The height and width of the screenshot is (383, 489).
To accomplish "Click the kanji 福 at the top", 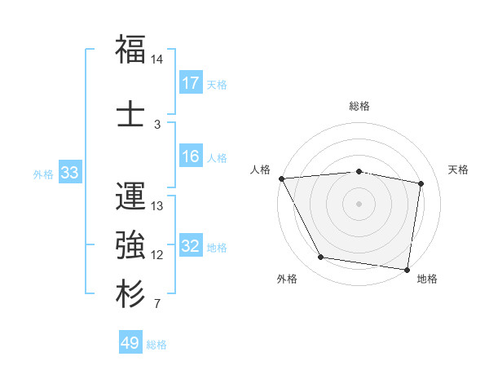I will click(x=130, y=50).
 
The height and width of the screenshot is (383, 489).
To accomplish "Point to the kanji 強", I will click(x=130, y=244).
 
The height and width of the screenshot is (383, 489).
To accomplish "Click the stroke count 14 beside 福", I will click(x=157, y=59).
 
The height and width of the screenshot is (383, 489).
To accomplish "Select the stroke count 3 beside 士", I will click(x=157, y=124).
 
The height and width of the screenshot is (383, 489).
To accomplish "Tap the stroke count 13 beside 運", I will click(x=157, y=206).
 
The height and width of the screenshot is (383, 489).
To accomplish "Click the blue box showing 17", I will click(x=191, y=82).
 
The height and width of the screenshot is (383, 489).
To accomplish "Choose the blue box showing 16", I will click(x=191, y=157).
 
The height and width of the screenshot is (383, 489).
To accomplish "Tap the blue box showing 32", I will click(x=191, y=246).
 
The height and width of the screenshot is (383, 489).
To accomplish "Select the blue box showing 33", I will click(x=69, y=173).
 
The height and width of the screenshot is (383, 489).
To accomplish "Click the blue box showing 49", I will click(x=130, y=344).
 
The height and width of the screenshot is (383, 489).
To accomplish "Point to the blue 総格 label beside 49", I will click(x=157, y=345).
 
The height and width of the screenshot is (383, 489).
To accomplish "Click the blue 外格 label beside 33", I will click(x=43, y=174).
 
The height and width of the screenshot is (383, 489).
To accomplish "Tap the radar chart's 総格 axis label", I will click(x=359, y=106).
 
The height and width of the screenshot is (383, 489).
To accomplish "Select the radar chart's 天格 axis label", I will click(x=459, y=169).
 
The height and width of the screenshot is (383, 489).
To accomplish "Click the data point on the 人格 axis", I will click(x=281, y=178).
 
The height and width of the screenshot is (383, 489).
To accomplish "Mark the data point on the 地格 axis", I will click(x=407, y=269).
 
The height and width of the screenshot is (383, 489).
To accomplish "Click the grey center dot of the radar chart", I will click(x=359, y=203).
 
